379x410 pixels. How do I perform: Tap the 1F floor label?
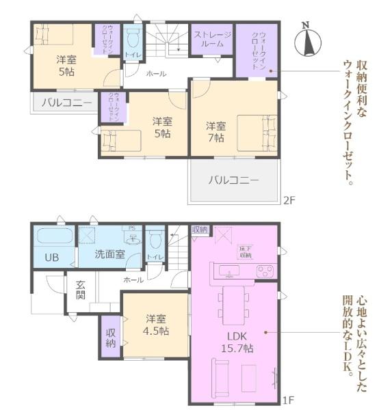[x=289, y=399]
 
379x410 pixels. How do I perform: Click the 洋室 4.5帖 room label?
[x=157, y=325]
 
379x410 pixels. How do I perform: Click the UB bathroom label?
[x=51, y=258]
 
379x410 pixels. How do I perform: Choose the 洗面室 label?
[x=109, y=255]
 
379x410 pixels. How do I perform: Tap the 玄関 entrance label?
[x=80, y=290]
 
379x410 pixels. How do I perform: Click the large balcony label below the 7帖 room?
[x=233, y=181]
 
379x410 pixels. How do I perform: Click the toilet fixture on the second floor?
[x=133, y=36]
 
